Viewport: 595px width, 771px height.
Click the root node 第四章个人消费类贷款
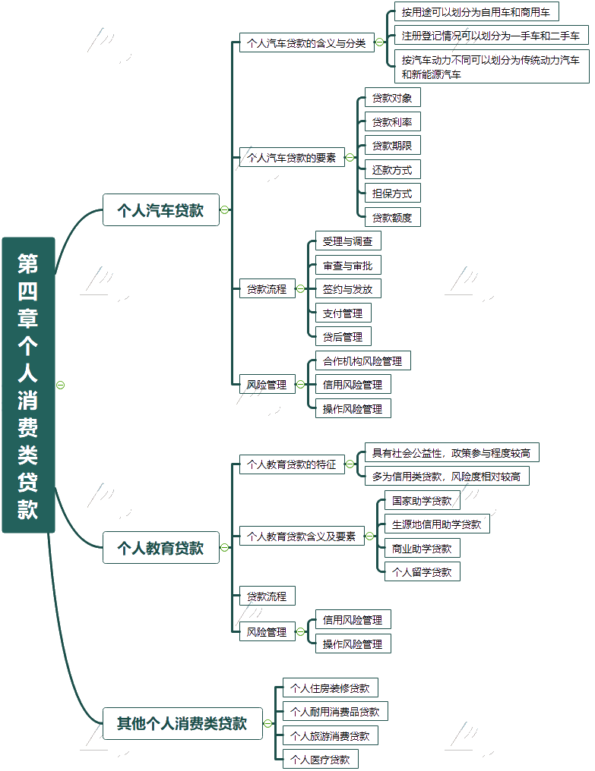pyautogui.click(x=28, y=385)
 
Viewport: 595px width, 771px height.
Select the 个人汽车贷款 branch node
pyautogui.click(x=160, y=210)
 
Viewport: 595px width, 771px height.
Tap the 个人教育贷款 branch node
pyautogui.click(x=160, y=547)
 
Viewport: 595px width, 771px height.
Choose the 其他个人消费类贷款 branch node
pyautogui.click(x=182, y=723)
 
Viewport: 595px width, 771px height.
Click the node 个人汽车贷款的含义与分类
pyautogui.click(x=306, y=42)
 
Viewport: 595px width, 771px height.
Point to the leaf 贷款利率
pyautogui.click(x=392, y=121)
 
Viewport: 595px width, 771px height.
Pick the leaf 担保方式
pyautogui.click(x=392, y=193)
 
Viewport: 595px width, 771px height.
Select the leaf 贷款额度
pyautogui.click(x=392, y=217)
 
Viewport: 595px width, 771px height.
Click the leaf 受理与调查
pyautogui.click(x=348, y=241)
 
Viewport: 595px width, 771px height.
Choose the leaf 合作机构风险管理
pyautogui.click(x=362, y=360)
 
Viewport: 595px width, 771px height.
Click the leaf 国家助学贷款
pyautogui.click(x=422, y=501)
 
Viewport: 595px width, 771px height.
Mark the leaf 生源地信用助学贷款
pyautogui.click(x=436, y=524)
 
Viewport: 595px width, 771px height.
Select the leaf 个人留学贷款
pyautogui.click(x=422, y=571)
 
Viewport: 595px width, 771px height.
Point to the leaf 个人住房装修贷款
pyautogui.click(x=330, y=688)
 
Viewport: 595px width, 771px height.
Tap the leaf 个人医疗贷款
pyautogui.click(x=320, y=759)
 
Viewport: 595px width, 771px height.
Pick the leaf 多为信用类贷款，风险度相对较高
pyautogui.click(x=446, y=477)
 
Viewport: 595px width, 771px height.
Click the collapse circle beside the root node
pyautogui.click(x=61, y=385)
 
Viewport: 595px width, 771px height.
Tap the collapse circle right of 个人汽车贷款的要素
pyautogui.click(x=350, y=158)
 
